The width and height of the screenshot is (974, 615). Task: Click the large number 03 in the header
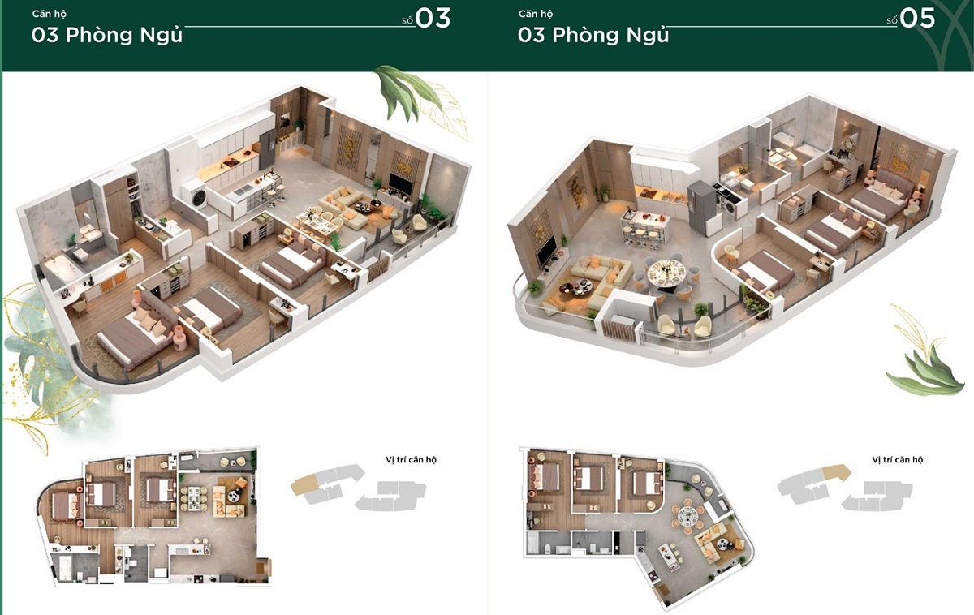point(433,18)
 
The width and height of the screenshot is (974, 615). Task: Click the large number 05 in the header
point(918,18)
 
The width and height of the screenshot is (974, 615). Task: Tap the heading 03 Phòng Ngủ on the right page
point(593,35)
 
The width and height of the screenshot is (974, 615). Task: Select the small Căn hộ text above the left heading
point(49,14)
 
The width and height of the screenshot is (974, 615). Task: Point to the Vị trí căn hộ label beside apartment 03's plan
point(411,460)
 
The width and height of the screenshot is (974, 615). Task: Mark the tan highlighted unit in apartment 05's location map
point(833,472)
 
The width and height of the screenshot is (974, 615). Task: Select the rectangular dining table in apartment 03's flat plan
point(194,497)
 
